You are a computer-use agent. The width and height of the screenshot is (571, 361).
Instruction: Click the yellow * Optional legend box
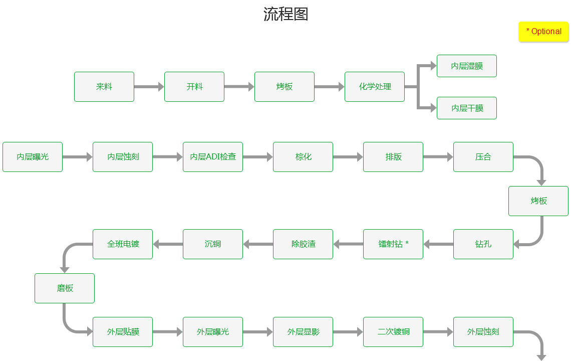(543, 32)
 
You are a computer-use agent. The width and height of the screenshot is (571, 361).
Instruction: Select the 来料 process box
(104, 87)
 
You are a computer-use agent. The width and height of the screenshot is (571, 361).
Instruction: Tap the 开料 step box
(194, 87)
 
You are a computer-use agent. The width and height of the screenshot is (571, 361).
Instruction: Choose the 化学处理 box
(375, 87)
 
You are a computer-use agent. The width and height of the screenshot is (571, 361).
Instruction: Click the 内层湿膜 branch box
(467, 66)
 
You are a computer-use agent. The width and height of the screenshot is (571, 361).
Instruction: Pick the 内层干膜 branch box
(467, 108)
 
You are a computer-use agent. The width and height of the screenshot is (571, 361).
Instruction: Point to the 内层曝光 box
(33, 157)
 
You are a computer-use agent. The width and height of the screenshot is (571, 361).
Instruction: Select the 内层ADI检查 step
(213, 157)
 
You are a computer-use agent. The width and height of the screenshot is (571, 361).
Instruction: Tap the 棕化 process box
(303, 157)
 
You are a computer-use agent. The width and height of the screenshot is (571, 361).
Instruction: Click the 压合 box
(483, 157)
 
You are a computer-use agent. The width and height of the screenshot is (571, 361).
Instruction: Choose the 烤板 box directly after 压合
(538, 201)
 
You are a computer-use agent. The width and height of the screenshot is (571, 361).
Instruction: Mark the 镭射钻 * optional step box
(393, 244)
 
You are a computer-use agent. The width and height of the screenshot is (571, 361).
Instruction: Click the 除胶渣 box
(303, 244)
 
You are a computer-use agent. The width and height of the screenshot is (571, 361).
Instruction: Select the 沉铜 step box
(213, 244)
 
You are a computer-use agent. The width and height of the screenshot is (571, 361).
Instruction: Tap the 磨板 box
(65, 288)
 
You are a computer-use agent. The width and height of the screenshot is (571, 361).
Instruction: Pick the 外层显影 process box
(303, 332)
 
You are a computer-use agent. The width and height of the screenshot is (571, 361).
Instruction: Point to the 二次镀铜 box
(393, 332)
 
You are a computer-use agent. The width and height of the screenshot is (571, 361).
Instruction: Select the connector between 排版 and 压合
(438, 157)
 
